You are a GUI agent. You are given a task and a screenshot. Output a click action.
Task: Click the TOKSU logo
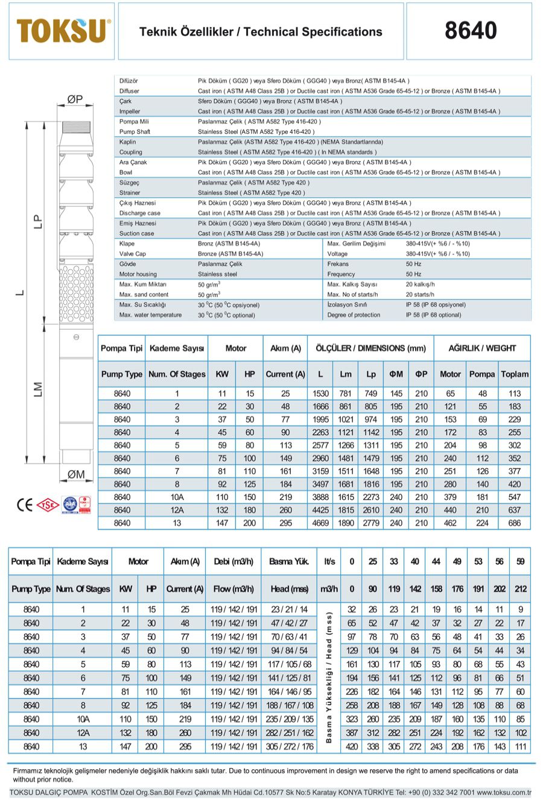pyautogui.click(x=63, y=31)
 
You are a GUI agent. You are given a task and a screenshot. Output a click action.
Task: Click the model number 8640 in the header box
pyautogui.click(x=471, y=31)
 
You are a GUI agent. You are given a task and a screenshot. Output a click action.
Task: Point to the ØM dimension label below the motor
pyautogui.click(x=76, y=474)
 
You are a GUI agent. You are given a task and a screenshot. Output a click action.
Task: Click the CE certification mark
pyautogui.click(x=25, y=505)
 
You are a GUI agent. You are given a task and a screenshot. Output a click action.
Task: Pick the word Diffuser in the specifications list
pyautogui.click(x=129, y=91)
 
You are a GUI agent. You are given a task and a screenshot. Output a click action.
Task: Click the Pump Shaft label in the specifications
pyautogui.click(x=135, y=132)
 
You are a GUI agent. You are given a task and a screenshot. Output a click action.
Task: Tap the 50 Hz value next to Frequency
pyautogui.click(x=413, y=274)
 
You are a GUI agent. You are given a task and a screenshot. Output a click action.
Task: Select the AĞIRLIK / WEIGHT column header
pyautogui.click(x=482, y=348)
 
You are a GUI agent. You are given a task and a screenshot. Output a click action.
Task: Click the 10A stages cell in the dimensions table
pyautogui.click(x=177, y=497)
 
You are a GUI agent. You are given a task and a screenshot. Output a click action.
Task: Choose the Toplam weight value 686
pyautogui.click(x=514, y=523)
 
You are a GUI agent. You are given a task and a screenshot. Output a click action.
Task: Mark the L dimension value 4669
pyautogui.click(x=320, y=523)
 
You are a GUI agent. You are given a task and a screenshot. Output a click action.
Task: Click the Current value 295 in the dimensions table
pyautogui.click(x=285, y=523)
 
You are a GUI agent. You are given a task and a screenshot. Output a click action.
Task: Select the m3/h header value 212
pyautogui.click(x=520, y=589)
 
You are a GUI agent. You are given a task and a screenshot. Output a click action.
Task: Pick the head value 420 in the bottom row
pyautogui.click(x=351, y=746)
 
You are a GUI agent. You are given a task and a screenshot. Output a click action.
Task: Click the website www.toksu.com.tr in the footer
pyautogui.click(x=504, y=792)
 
